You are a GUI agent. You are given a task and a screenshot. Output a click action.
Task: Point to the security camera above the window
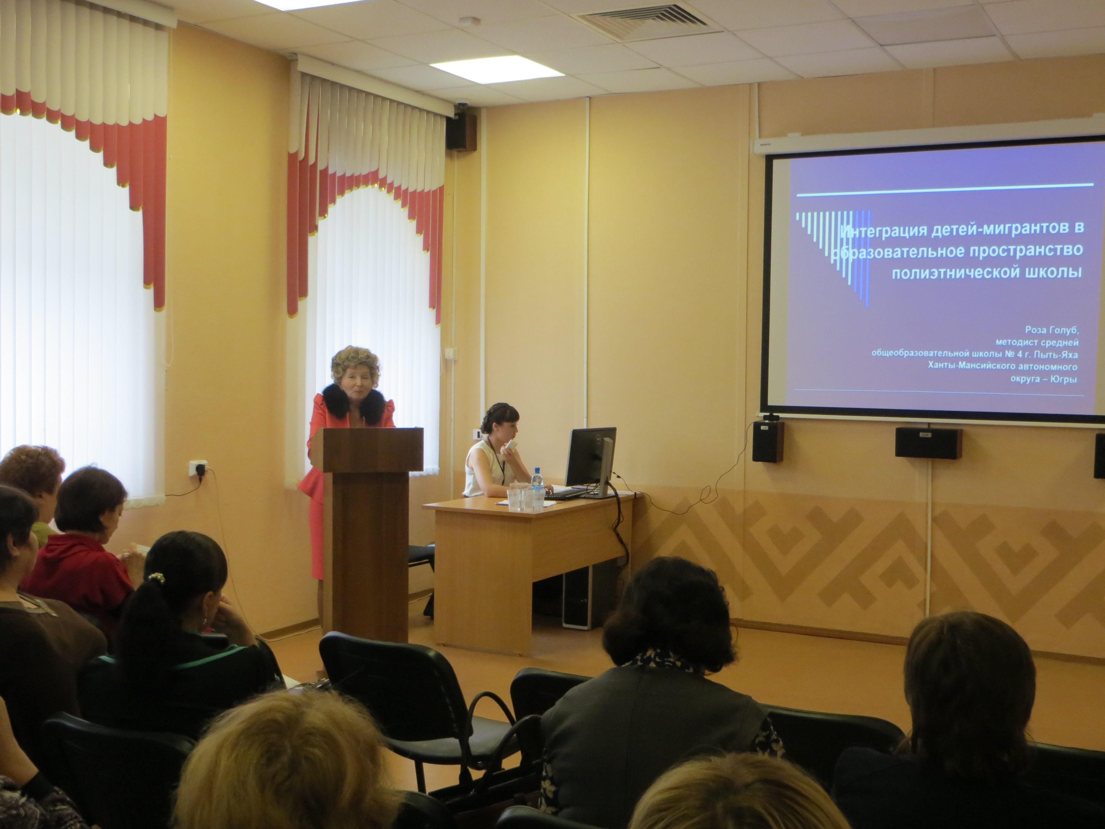(x=462, y=106)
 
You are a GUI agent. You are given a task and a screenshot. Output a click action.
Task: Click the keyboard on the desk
(x=567, y=494)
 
